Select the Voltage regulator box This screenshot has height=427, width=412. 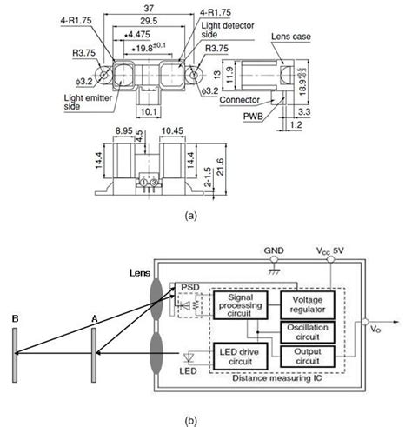(x=306, y=305)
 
